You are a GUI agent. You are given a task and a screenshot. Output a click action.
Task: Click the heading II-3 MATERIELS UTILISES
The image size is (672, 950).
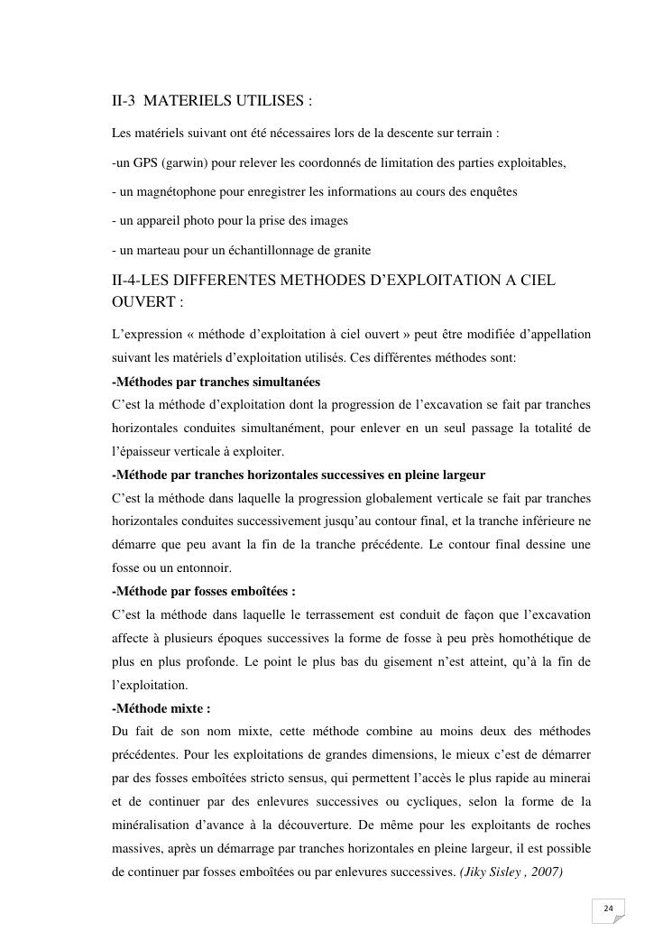click(212, 102)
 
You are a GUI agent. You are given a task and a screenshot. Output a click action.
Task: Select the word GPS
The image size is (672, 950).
click(146, 163)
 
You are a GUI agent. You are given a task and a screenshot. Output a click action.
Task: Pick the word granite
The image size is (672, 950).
click(350, 250)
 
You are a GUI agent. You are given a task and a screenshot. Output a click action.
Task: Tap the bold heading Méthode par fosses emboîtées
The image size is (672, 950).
click(203, 592)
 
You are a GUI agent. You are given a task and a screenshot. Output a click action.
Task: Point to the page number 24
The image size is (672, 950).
click(608, 908)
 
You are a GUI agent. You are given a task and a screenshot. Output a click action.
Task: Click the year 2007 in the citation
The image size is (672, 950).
click(546, 873)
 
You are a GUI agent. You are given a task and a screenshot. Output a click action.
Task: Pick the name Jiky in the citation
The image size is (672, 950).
click(478, 873)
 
